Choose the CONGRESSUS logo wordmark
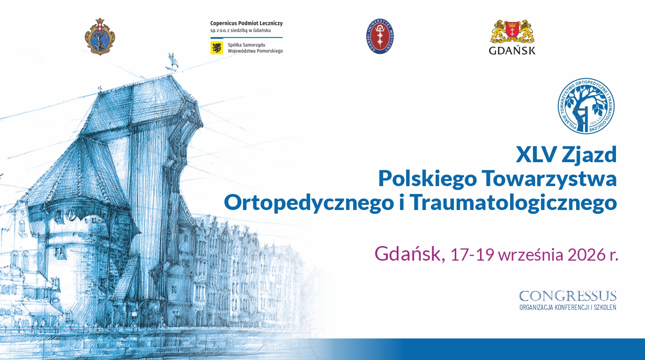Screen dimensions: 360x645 click(x=568, y=296)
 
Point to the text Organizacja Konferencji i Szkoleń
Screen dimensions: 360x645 click(x=568, y=307)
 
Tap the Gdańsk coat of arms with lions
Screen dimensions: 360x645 click(x=512, y=31)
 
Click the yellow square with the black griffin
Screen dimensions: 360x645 click(x=216, y=47)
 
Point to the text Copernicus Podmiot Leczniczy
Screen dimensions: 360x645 click(x=246, y=23)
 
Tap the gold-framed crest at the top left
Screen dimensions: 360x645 click(x=100, y=37)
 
